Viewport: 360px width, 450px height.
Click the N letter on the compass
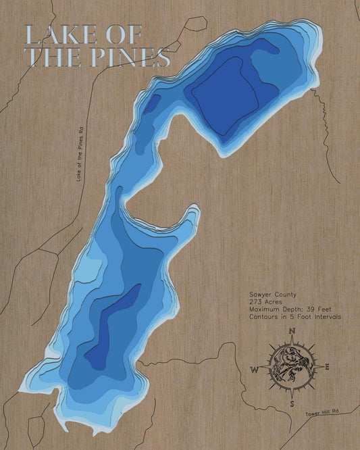tap(292, 331)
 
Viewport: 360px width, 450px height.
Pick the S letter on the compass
tap(292, 403)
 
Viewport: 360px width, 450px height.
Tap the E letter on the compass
tap(327, 368)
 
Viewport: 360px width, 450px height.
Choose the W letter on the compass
tap(255, 370)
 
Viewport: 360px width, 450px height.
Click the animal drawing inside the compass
tap(291, 367)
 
